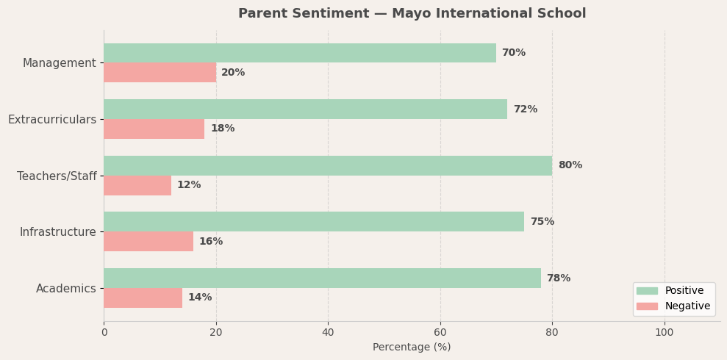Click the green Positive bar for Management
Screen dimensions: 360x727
pyautogui.click(x=300, y=53)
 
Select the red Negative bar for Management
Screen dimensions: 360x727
pyautogui.click(x=160, y=73)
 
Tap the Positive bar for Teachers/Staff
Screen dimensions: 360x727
pyautogui.click(x=328, y=165)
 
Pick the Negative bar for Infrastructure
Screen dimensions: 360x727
pyautogui.click(x=148, y=242)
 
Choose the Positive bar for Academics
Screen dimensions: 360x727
pyautogui.click(x=322, y=278)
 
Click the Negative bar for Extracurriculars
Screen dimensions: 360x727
pyautogui.click(x=154, y=129)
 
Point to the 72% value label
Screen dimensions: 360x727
pyautogui.click(x=525, y=109)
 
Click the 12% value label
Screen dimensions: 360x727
pyautogui.click(x=189, y=185)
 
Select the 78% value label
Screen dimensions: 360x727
pyautogui.click(x=559, y=278)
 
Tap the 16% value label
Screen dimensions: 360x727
pyautogui.click(x=211, y=242)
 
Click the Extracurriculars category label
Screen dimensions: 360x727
pyautogui.click(x=52, y=120)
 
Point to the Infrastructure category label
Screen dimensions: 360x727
pyautogui.click(x=58, y=232)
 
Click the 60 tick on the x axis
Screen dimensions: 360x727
pyautogui.click(x=440, y=332)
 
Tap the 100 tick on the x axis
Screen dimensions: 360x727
pyautogui.click(x=665, y=332)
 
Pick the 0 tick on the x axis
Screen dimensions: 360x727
pyautogui.click(x=104, y=332)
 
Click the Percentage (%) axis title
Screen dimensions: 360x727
pyautogui.click(x=412, y=348)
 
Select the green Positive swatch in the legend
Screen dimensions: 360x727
pyautogui.click(x=647, y=291)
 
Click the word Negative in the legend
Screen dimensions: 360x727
pyautogui.click(x=687, y=306)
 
